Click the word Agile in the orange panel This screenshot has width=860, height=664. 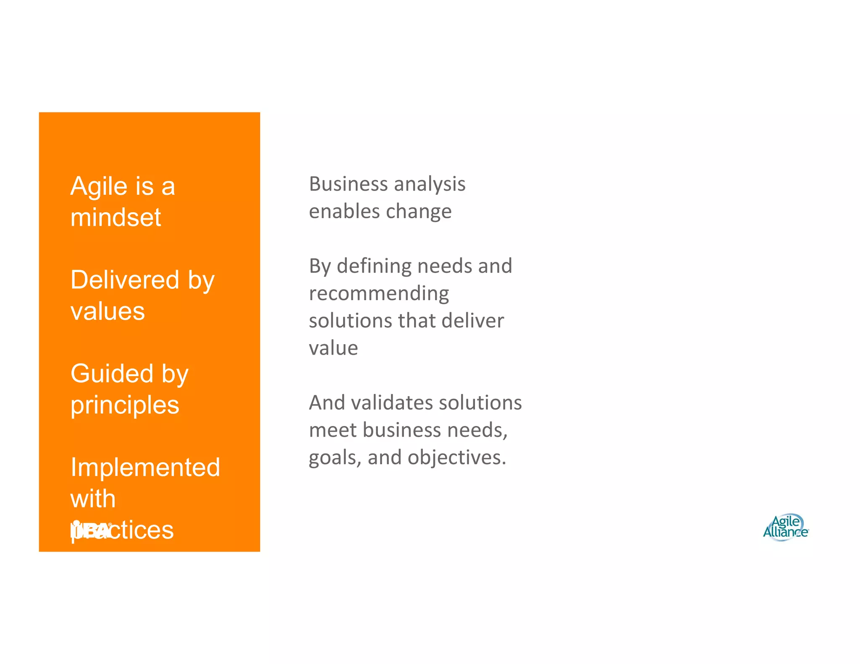click(99, 186)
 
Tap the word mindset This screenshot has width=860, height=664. click(115, 217)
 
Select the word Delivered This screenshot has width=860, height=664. click(125, 280)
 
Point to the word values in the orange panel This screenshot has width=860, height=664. click(107, 311)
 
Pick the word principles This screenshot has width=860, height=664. click(125, 405)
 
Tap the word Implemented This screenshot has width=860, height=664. click(145, 468)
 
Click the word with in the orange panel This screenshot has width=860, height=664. click(93, 499)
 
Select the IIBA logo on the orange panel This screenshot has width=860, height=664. click(91, 530)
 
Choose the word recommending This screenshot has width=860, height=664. click(379, 294)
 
